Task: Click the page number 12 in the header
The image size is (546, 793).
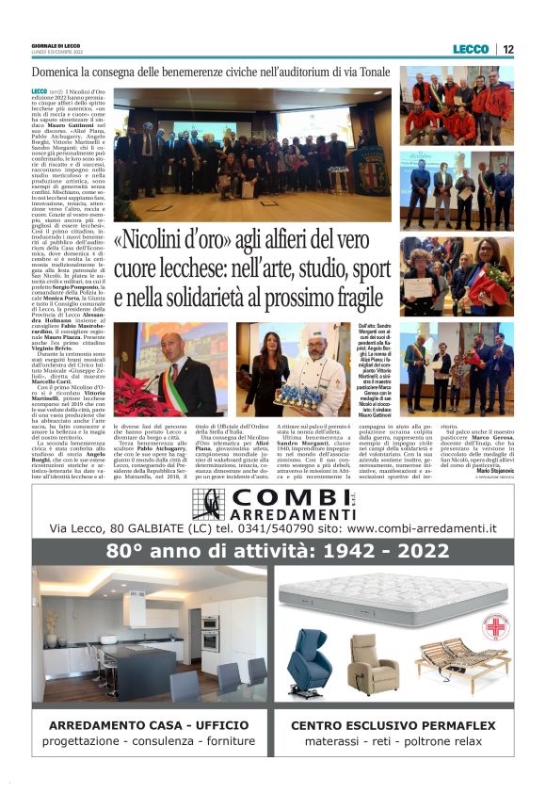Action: coord(508,49)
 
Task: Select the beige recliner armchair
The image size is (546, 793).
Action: coord(373,661)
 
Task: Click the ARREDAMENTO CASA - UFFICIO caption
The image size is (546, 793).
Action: coord(150,725)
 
